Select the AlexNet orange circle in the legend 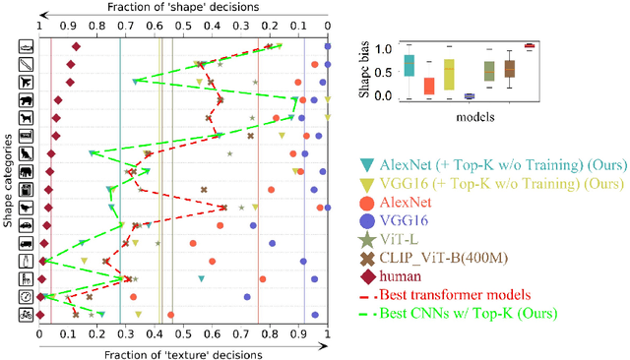point(366,201)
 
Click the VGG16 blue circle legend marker point(366,220)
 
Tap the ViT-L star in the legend point(366,240)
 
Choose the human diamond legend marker point(366,277)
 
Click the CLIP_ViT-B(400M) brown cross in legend point(366,259)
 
